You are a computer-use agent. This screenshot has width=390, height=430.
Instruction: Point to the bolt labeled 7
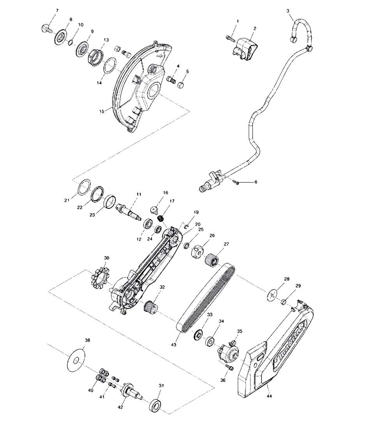click(x=45, y=28)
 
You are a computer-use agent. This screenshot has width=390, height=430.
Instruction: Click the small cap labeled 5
click(x=181, y=85)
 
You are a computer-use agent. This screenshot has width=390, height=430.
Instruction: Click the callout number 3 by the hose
click(x=288, y=11)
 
